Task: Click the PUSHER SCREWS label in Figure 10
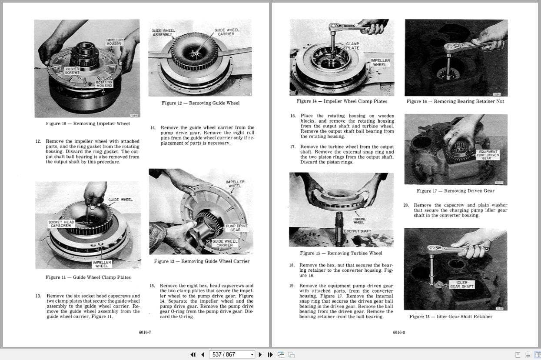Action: [x=72, y=70]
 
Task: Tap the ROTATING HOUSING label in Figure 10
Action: [x=104, y=84]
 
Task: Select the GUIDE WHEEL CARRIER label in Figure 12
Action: [x=226, y=32]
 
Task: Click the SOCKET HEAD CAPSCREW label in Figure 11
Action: [x=61, y=223]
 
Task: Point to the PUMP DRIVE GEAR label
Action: [x=236, y=228]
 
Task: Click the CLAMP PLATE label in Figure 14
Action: [x=352, y=46]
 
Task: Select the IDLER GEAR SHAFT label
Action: [x=461, y=284]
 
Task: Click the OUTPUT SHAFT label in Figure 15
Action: [x=358, y=231]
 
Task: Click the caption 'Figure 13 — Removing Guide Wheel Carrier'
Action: [x=202, y=261]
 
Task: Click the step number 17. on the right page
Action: [x=293, y=147]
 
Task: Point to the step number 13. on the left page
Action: [x=38, y=296]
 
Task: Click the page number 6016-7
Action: [x=145, y=332]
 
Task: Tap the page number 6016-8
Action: [x=398, y=332]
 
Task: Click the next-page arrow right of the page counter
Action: [x=260, y=354]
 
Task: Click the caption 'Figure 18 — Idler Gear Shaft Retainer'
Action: [x=451, y=317]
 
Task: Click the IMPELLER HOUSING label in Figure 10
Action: [x=114, y=42]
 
